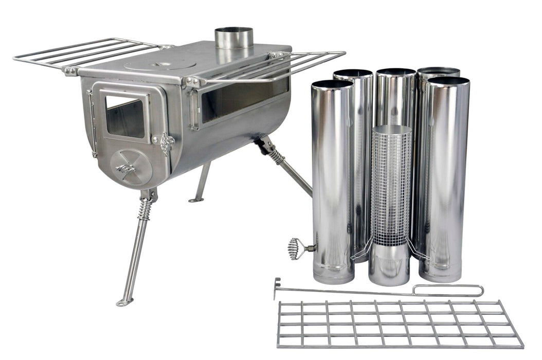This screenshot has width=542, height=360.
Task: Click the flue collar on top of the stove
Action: pos(234,38)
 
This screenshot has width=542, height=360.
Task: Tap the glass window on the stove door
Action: pos(124,116)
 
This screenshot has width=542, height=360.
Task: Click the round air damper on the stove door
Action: pos(131,167)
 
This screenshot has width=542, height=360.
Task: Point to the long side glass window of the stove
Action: pos(244,101)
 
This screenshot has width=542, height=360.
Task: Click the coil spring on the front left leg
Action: pos(146,209)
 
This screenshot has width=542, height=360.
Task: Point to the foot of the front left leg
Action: pos(124,302)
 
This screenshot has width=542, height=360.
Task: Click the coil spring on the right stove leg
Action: pos(276,155)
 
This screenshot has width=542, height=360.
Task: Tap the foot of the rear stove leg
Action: pos(195,200)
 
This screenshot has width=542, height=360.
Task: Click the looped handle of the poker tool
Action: pos(447,291)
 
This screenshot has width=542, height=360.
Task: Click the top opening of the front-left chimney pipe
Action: pos(332,84)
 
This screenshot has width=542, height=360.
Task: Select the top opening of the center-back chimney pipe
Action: pos(395,72)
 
